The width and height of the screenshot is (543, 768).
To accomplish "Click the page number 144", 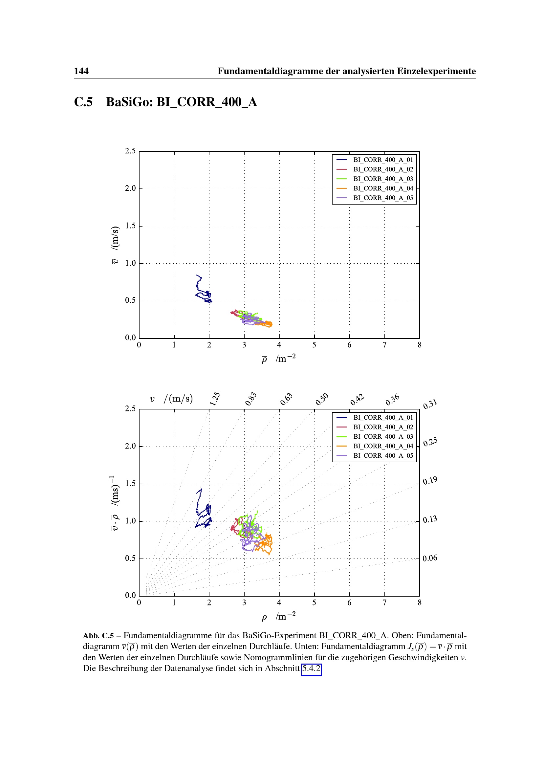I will tap(81, 71).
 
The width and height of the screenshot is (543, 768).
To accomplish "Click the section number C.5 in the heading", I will tap(83, 102).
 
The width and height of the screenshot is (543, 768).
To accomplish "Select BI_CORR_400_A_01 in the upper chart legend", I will tap(383, 160).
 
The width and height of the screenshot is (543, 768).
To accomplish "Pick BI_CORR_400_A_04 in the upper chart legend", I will tap(383, 188).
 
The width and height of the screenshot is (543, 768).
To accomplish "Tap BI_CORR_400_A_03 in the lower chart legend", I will tap(383, 436).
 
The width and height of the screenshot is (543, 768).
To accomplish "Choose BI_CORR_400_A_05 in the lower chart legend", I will tap(383, 456).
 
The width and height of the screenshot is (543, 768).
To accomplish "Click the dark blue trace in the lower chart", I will tap(199, 502).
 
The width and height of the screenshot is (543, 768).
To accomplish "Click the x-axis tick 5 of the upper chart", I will tap(314, 345).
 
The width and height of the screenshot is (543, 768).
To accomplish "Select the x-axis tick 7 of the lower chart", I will tap(384, 603).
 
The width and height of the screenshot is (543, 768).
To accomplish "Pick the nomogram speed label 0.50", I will tap(322, 399).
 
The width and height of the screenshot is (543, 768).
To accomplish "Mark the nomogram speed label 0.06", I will tap(430, 558).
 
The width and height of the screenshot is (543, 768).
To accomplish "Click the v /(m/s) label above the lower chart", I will tap(171, 399).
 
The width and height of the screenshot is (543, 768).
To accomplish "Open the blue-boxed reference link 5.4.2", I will tap(311, 668).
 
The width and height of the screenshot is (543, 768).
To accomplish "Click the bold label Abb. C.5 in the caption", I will tap(98, 636).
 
